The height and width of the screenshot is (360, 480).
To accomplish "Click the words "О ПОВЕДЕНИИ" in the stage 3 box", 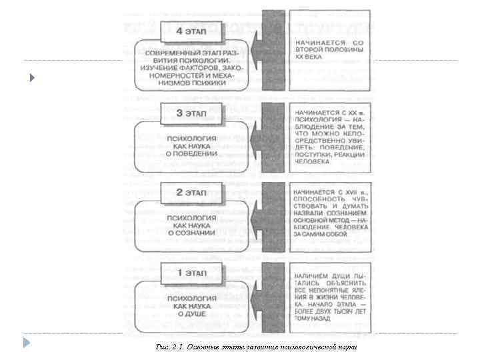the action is point(191,153).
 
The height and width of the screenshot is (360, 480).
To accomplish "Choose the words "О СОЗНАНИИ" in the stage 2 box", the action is point(191,233).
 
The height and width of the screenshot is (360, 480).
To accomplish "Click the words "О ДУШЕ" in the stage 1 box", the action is point(191,313).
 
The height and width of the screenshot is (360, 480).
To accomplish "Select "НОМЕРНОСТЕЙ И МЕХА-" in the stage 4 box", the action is point(191,76).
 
